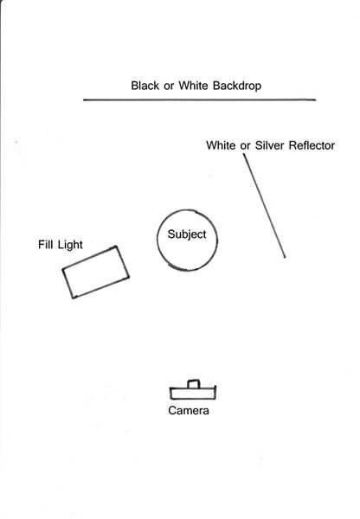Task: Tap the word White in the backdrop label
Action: pos(193,86)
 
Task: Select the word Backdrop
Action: pos(237,86)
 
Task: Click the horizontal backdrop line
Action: pos(199,99)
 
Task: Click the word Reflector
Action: pos(312,145)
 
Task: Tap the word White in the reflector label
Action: pos(221,145)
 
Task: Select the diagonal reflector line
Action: pos(264,206)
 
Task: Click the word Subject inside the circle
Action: pos(187,234)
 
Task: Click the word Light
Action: pos(70,246)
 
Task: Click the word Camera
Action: pos(189,410)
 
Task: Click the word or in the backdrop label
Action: pos(169,86)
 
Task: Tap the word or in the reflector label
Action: pos(246,147)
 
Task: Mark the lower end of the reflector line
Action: pos(285,257)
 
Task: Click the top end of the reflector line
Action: pos(244,155)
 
